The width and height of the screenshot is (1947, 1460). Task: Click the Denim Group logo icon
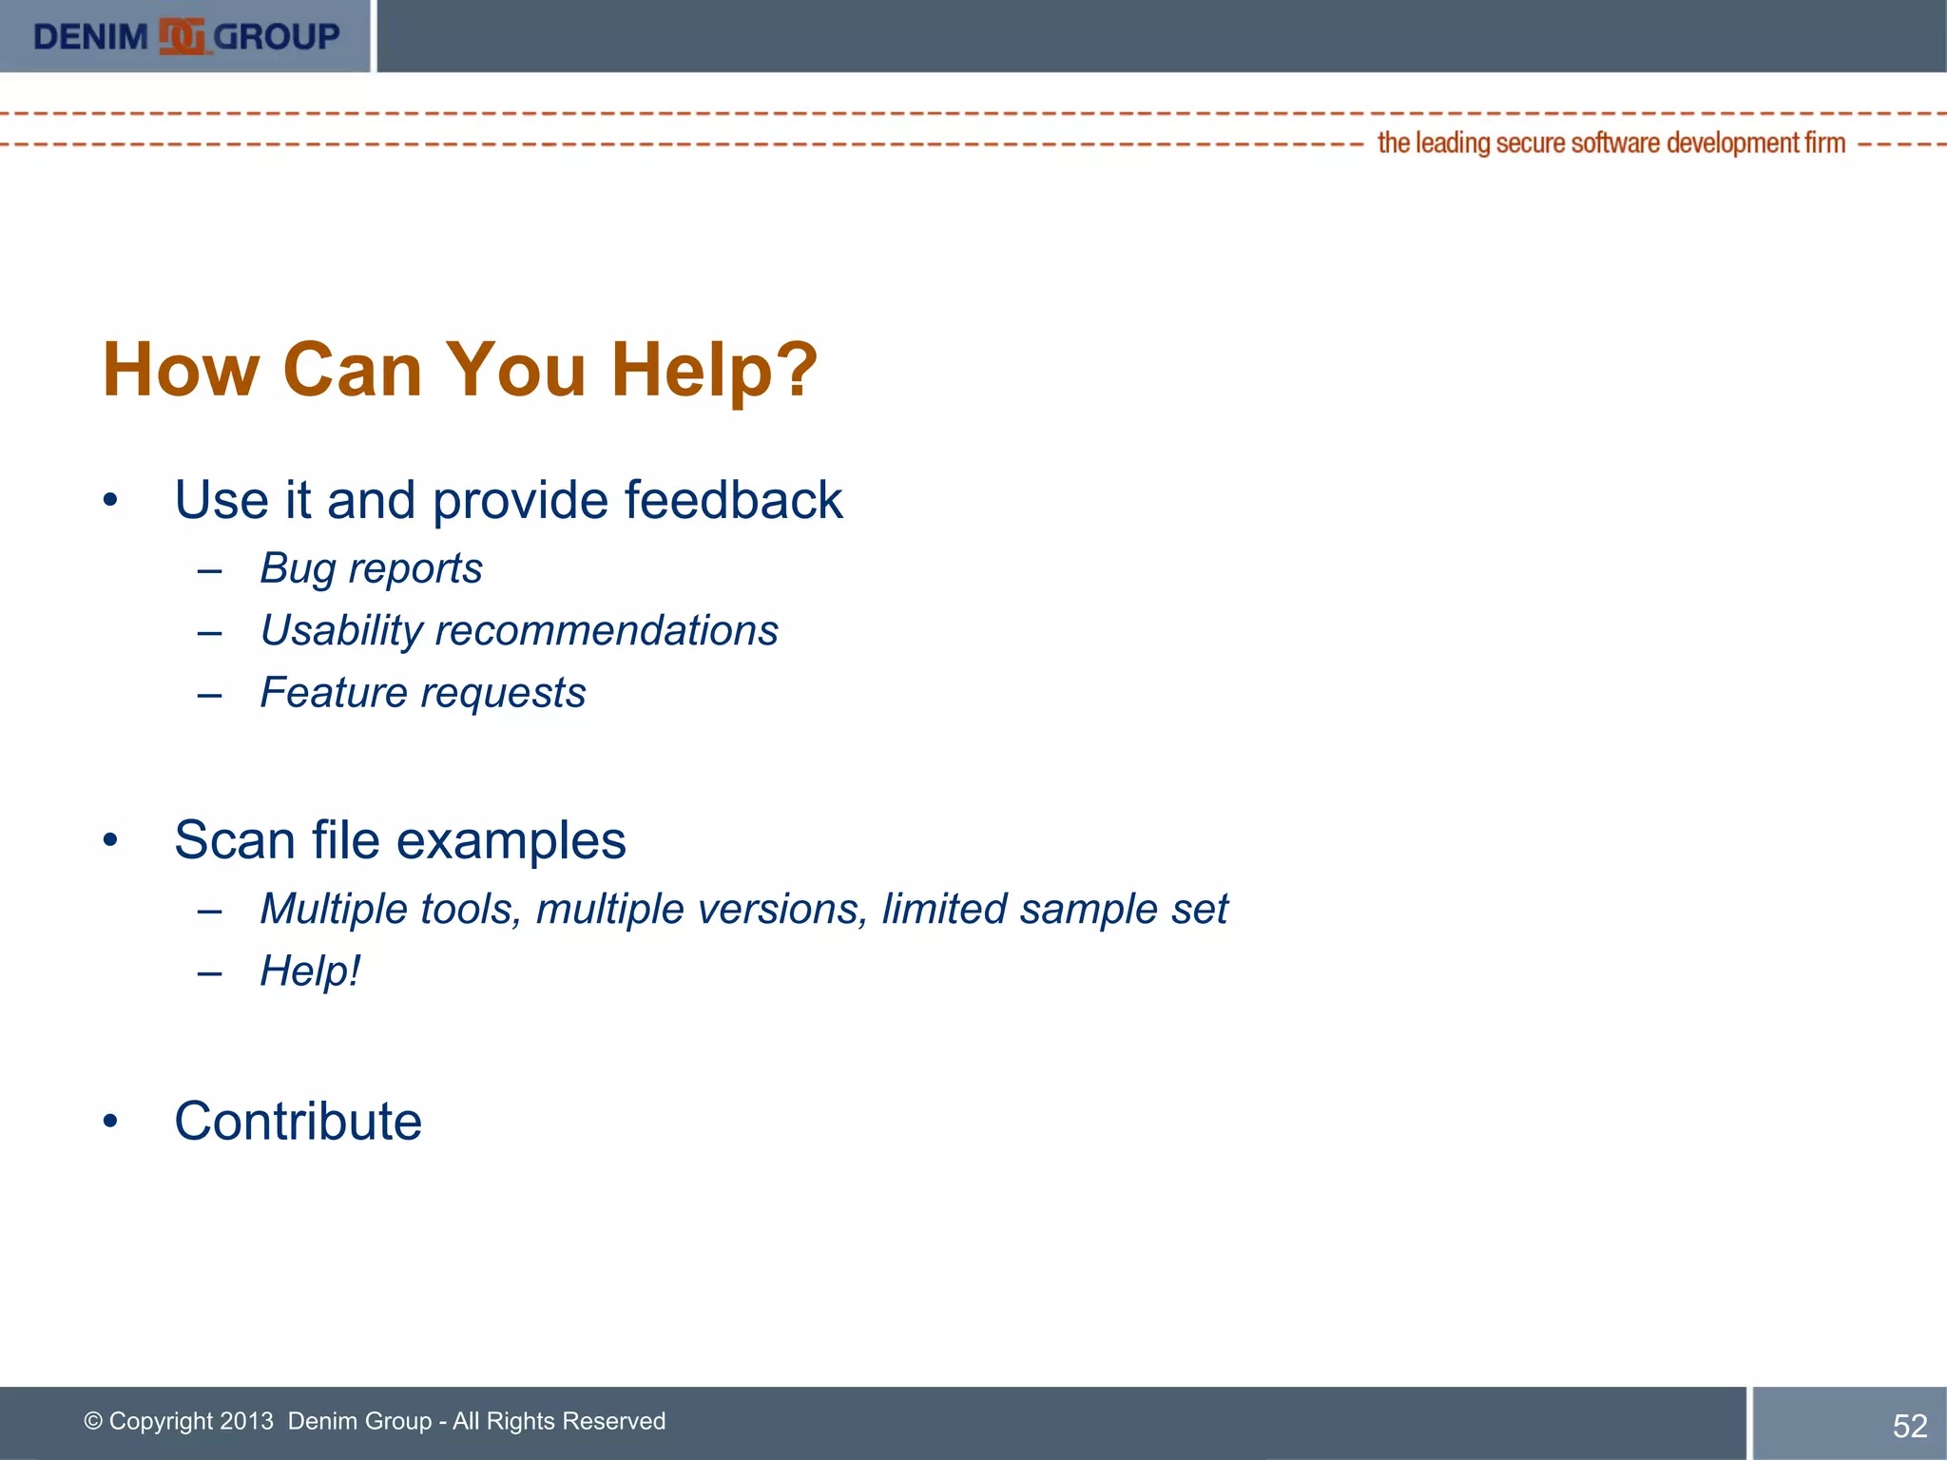pos(182,37)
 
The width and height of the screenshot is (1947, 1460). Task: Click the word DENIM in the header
pos(90,37)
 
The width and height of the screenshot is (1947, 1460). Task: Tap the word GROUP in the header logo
pos(277,37)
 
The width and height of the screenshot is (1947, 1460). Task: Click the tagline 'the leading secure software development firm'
pos(1610,144)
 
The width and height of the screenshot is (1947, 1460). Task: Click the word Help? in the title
pos(713,370)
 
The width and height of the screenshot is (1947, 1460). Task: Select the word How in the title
pos(181,370)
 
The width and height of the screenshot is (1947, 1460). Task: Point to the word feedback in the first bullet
pos(733,500)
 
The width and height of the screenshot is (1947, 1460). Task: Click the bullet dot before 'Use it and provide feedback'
pos(111,500)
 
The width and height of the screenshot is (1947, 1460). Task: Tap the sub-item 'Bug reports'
pos(371,568)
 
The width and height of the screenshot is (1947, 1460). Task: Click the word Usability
pos(341,631)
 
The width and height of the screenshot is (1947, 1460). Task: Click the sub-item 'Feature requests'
pos(423,693)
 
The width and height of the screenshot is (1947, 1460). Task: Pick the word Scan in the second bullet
pos(234,840)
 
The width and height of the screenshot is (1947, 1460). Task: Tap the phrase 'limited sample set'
pos(1054,910)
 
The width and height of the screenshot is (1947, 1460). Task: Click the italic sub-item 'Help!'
pos(310,971)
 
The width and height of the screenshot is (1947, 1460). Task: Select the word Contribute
pos(298,1122)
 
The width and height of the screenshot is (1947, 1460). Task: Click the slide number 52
pos(1909,1426)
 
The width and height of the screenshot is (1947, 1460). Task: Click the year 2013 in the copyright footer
pos(246,1421)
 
